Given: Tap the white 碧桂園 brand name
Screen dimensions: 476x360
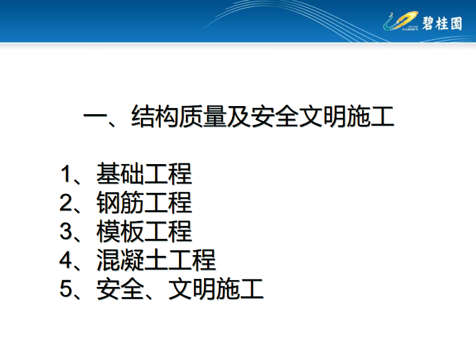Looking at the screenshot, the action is coord(442,23).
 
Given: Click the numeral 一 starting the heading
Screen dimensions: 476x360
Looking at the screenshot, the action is coord(95,117).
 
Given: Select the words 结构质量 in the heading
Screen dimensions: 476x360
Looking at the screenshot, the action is coord(179,116).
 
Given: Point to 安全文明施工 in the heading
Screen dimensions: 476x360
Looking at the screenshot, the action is coord(323,116).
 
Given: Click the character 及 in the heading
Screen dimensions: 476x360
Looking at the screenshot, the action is coord(239,116).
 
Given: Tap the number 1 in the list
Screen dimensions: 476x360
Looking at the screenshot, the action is coord(66,174).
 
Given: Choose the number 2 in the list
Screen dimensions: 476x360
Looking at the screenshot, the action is coord(66,203).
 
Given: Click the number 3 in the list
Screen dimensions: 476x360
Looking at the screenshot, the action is coord(66,231).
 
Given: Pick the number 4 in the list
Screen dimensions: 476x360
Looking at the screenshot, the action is coord(66,260).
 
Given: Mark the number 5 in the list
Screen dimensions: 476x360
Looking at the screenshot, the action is coord(66,289).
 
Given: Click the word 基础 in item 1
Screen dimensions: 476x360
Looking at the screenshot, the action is coord(120,173).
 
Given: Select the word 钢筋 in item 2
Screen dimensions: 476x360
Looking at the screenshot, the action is coord(120,203).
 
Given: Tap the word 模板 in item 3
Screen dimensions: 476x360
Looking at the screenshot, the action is coord(120,231).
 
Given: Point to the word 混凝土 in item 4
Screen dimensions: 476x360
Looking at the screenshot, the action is coord(132,260).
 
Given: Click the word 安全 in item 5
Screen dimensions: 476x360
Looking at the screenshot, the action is coord(120,289).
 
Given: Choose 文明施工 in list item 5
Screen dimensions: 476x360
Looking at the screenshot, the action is coord(216,289).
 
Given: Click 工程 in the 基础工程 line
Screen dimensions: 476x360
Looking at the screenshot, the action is coord(168,173).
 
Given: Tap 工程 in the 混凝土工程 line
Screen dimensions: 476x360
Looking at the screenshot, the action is coord(192,260).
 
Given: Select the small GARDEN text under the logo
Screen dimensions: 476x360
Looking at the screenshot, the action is coord(410,29).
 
